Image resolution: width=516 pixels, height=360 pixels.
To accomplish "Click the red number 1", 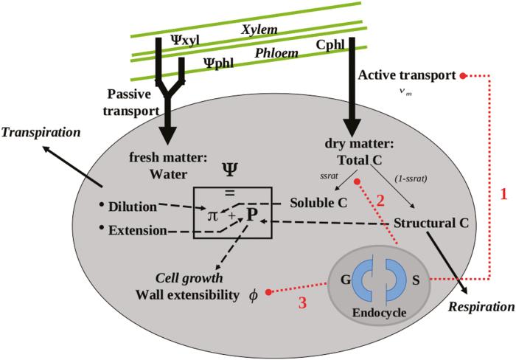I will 503,194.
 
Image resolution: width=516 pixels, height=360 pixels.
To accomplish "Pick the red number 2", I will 381,199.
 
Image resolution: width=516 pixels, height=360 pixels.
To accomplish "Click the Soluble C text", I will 318,201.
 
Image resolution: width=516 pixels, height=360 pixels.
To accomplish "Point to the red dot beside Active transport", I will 462,75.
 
